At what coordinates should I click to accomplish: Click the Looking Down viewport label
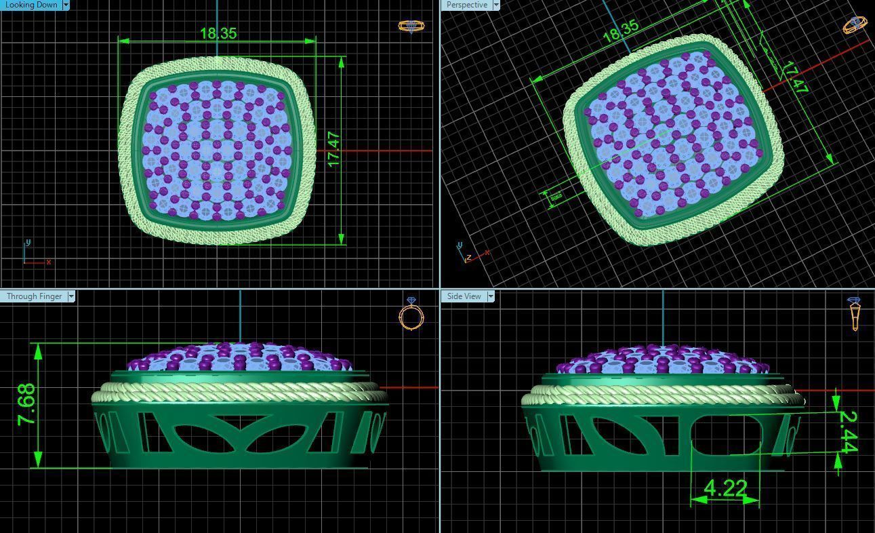click(31, 5)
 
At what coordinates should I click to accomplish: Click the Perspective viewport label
click(466, 5)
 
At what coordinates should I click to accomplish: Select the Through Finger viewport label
click(34, 296)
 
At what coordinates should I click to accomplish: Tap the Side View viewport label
click(464, 296)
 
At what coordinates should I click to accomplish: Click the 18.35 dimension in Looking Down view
click(218, 33)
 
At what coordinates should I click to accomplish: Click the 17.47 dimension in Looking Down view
click(333, 149)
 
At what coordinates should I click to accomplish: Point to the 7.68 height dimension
click(26, 405)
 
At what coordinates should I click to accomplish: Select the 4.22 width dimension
click(725, 488)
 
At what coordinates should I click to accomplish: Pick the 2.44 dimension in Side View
click(848, 432)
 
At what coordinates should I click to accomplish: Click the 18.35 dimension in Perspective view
click(620, 31)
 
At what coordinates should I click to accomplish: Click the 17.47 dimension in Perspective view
click(795, 77)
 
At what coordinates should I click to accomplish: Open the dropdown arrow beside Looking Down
click(66, 5)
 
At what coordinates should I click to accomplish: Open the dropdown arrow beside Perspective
click(496, 5)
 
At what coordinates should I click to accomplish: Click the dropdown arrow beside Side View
click(491, 296)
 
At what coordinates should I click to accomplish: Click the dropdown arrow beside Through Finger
click(71, 296)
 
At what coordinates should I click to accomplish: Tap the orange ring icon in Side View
click(854, 313)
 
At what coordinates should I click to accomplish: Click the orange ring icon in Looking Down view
click(411, 26)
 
